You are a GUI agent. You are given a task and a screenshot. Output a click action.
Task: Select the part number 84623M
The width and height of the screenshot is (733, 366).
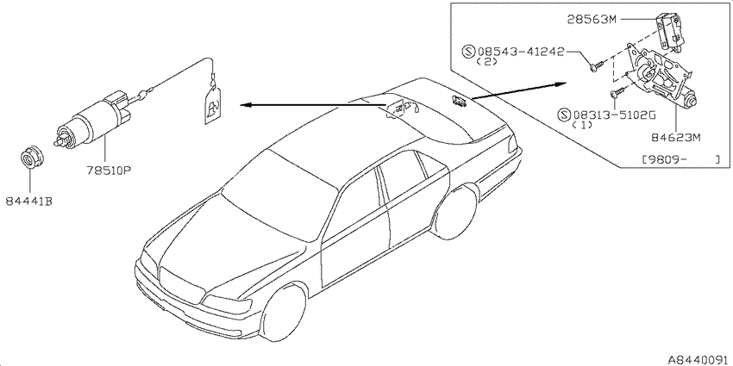pyautogui.click(x=673, y=138)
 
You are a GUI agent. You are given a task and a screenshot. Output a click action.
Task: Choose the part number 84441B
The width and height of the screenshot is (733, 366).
pyautogui.click(x=29, y=202)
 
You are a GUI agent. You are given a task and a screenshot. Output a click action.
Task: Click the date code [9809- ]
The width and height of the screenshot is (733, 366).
pyautogui.click(x=680, y=159)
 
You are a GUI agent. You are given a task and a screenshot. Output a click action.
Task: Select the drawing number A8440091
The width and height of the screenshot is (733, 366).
pyautogui.click(x=699, y=360)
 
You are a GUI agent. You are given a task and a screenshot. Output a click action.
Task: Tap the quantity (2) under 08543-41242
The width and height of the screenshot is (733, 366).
pyautogui.click(x=486, y=62)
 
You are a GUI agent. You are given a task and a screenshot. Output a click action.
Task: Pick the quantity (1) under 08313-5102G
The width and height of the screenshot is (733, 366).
pyautogui.click(x=582, y=125)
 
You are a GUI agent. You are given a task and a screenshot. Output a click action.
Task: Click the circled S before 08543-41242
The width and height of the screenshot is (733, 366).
pyautogui.click(x=468, y=51)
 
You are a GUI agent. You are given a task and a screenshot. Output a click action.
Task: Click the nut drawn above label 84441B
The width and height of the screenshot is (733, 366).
pyautogui.click(x=32, y=158)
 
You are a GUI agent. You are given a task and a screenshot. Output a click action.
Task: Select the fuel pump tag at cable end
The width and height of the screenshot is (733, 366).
pyautogui.click(x=213, y=106)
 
